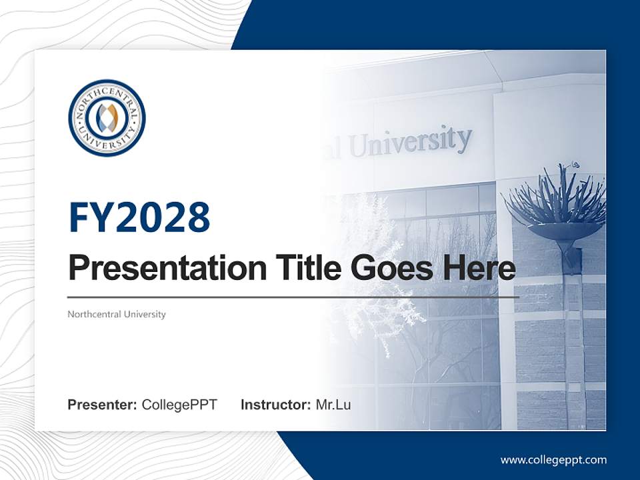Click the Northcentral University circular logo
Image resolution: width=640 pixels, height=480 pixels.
107,118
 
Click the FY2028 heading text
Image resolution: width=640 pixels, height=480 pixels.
139,217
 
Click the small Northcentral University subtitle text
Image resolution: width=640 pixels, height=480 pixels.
117,314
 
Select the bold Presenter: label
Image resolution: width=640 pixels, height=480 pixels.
103,405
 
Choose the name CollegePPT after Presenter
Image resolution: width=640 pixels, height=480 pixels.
179,405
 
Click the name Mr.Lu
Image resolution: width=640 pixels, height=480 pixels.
333,405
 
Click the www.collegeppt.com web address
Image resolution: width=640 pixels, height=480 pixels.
553,460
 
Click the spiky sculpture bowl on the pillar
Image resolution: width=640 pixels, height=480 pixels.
556,207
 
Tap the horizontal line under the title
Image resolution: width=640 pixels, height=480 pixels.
293,297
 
